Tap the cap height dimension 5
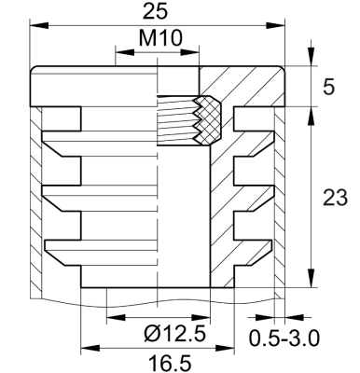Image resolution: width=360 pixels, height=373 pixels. [327, 87]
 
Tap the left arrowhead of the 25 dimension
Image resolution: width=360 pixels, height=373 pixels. [36, 25]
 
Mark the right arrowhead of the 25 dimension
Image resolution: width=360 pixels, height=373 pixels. [275, 25]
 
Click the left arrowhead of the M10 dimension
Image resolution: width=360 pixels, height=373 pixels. [118, 53]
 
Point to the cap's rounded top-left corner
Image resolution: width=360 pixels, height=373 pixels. [36, 72]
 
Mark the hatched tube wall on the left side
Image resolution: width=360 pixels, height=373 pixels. [36, 205]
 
